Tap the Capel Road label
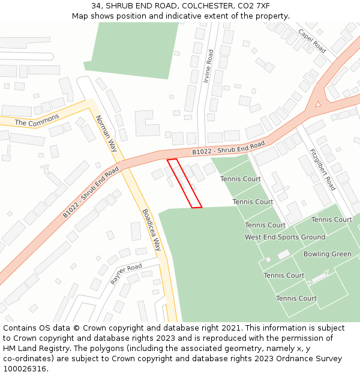(311, 40)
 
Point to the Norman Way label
(106, 133)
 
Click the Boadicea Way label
(152, 229)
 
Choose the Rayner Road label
(126, 274)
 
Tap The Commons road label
(37, 119)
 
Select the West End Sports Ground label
(285, 237)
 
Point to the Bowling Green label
(327, 254)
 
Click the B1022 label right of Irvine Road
(228, 148)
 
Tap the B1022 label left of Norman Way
(91, 192)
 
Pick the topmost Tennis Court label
(240, 179)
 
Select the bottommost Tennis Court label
(296, 298)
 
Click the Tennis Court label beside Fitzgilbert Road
(332, 220)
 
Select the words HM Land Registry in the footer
(34, 349)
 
